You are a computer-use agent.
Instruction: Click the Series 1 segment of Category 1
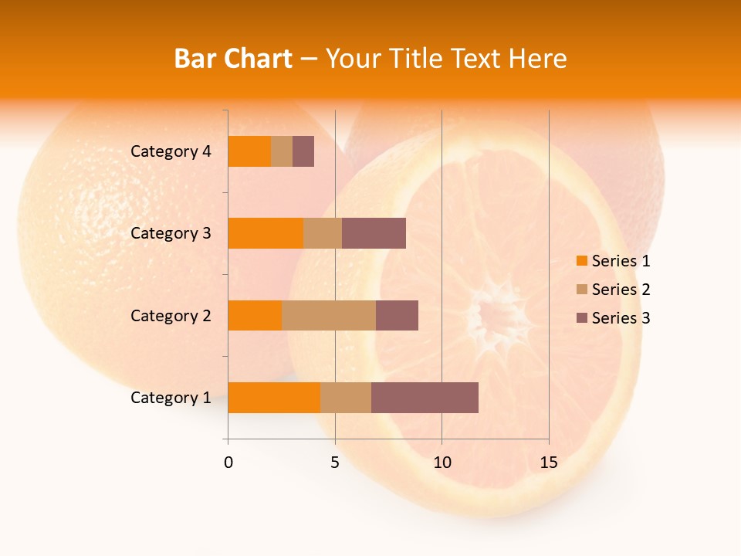click(274, 398)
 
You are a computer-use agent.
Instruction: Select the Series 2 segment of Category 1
click(345, 398)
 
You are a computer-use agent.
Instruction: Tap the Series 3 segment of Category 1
click(425, 398)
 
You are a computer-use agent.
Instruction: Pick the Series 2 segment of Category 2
click(329, 315)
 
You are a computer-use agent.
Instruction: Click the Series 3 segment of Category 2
click(397, 315)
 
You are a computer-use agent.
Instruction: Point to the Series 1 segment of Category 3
click(266, 233)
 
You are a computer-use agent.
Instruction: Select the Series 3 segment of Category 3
click(374, 233)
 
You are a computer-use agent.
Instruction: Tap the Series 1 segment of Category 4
click(249, 151)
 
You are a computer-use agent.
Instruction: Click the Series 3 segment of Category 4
click(303, 151)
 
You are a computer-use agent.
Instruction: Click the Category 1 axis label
click(171, 398)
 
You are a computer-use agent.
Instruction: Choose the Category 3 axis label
click(171, 233)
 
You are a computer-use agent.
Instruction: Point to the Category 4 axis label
click(171, 151)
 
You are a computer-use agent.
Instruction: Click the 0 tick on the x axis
click(228, 463)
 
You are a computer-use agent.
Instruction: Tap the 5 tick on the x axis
click(335, 463)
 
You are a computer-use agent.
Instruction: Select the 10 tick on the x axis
click(442, 463)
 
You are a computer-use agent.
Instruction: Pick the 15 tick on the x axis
click(549, 463)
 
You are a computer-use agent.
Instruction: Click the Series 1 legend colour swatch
click(581, 261)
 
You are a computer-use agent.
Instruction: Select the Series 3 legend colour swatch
click(581, 318)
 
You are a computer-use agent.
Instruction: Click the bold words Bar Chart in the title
click(233, 59)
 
